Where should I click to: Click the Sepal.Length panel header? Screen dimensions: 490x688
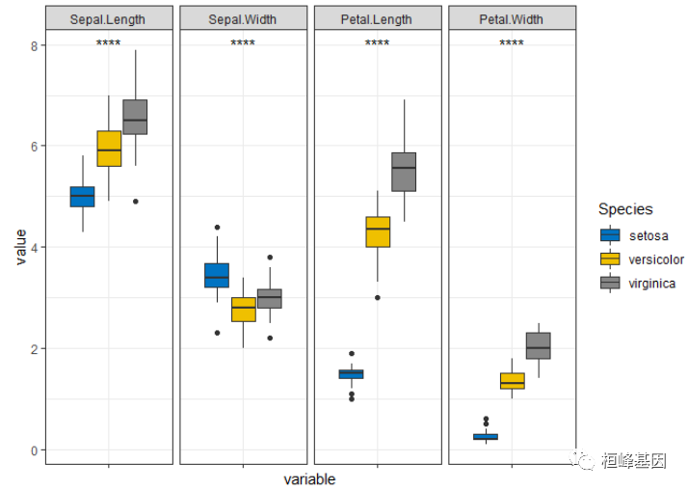(108, 19)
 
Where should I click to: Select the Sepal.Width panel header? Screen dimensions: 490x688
(243, 19)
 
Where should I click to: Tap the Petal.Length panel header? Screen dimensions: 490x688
(377, 19)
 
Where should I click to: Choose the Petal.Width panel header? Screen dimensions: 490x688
(512, 19)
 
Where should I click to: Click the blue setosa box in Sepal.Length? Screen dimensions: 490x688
(82, 196)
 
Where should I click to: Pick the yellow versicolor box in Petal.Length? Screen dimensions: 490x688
(378, 231)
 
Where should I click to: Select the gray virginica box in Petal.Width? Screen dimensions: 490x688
(539, 345)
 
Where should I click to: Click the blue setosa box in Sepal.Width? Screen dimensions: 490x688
(217, 275)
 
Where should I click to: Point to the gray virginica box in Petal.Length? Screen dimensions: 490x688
(404, 172)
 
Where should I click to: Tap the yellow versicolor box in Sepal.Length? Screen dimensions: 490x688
(109, 149)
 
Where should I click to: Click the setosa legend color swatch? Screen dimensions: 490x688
(610, 234)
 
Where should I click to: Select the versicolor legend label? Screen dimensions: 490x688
(655, 259)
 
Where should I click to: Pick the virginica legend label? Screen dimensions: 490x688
(651, 284)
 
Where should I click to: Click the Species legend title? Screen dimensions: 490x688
(625, 209)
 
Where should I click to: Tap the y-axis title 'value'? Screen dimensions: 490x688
(18, 247)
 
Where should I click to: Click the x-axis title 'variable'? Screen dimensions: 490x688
(309, 479)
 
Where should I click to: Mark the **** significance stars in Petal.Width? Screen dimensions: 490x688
(512, 43)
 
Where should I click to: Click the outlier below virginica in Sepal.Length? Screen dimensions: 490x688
(136, 202)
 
